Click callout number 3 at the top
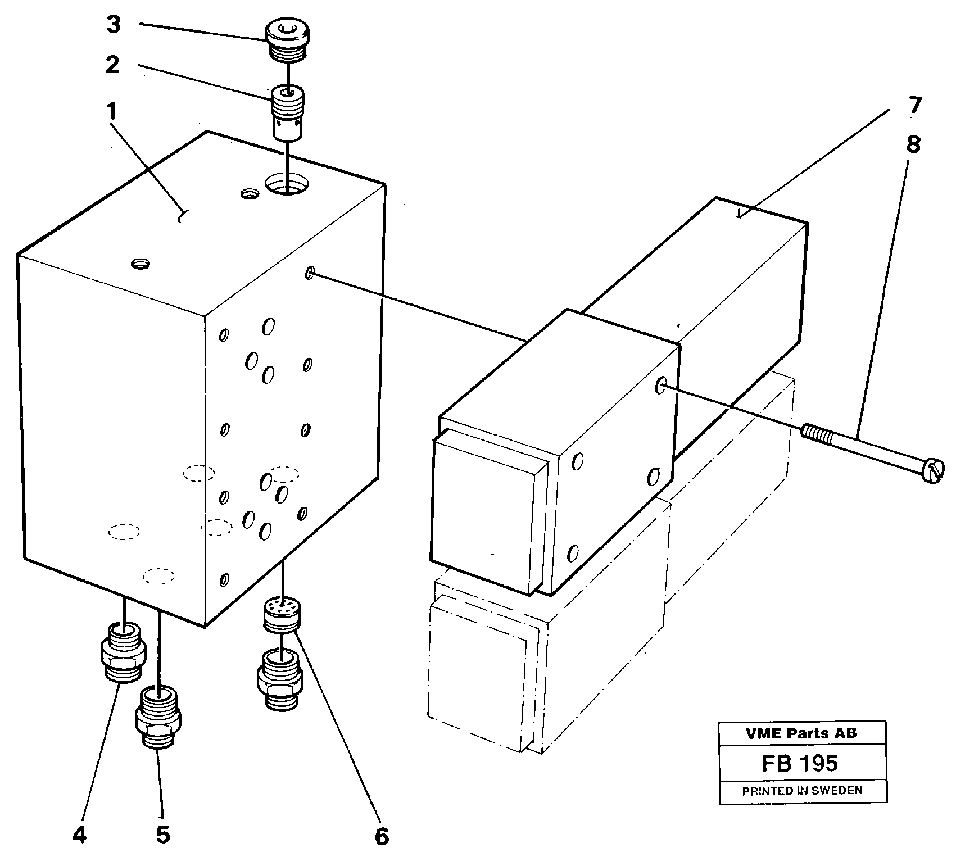tap(114, 25)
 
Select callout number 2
tap(112, 65)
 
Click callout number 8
tap(913, 145)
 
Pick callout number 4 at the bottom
tap(79, 836)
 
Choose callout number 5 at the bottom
tap(162, 836)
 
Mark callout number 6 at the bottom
tap(382, 837)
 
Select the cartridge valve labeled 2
tap(287, 112)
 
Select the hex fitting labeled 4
tap(124, 652)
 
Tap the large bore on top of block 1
tap(287, 183)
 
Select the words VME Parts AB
tap(801, 733)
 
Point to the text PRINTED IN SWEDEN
tap(802, 791)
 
